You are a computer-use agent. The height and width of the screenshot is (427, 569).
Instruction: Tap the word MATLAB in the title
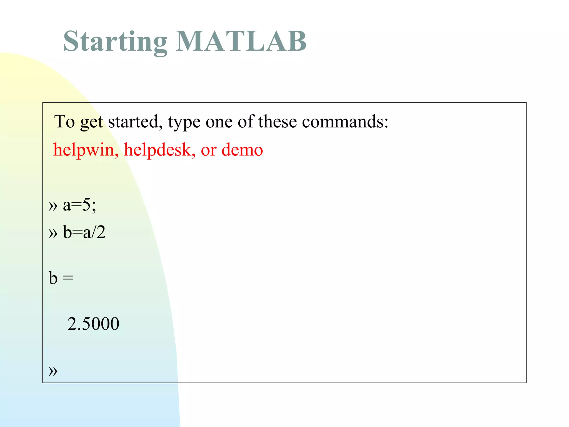(241, 42)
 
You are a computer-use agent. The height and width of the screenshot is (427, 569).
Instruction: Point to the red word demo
(242, 150)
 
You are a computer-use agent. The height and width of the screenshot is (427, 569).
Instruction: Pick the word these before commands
(277, 121)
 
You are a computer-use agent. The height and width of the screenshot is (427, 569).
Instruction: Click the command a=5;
(79, 205)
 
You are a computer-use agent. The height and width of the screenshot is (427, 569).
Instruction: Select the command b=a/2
(84, 232)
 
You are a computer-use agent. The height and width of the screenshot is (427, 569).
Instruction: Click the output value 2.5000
(93, 324)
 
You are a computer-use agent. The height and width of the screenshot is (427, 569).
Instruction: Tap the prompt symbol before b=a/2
(53, 233)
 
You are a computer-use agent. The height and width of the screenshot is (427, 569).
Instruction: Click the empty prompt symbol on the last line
(53, 371)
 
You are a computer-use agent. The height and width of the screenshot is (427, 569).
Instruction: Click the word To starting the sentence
(64, 121)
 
